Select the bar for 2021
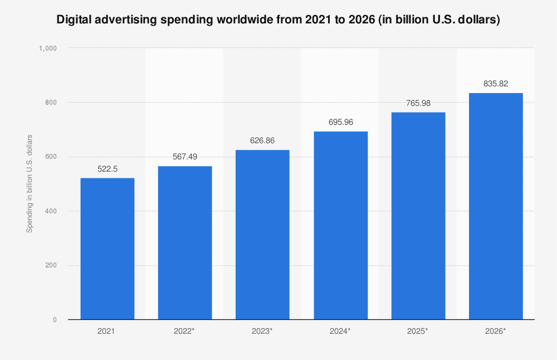(x=108, y=249)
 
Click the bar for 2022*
(x=185, y=243)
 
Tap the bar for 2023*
(x=262, y=235)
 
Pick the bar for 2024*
(x=340, y=225)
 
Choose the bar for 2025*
(x=418, y=216)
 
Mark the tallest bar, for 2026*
(x=496, y=206)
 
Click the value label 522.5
(x=108, y=169)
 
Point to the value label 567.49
(x=185, y=157)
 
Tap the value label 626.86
(x=262, y=141)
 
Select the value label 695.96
(x=340, y=122)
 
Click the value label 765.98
(x=418, y=103)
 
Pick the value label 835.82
(x=496, y=84)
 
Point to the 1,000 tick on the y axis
(x=48, y=48)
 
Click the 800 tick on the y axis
(x=51, y=103)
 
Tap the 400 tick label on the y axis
(x=51, y=211)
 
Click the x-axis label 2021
(x=108, y=331)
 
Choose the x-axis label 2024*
(x=340, y=331)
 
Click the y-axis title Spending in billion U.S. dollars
(x=30, y=184)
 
